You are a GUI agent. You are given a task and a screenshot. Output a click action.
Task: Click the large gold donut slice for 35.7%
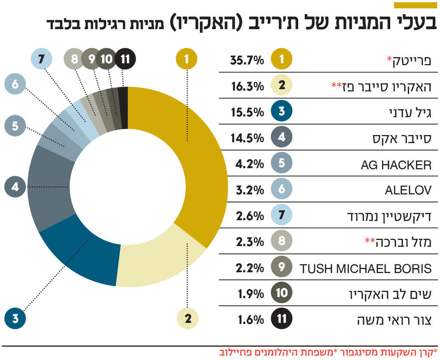pos(198,163)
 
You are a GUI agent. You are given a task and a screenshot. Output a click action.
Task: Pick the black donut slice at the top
pos(123,108)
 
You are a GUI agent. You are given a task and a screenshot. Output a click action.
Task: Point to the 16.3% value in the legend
pos(247,86)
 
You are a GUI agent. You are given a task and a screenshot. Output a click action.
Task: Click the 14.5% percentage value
pos(247,138)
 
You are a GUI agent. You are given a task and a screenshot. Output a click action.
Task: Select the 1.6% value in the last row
pos(250,320)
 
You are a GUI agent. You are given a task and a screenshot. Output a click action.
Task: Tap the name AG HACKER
pos(396,165)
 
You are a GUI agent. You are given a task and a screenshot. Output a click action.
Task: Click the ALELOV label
pos(408,191)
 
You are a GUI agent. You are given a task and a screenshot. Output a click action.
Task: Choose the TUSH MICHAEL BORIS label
pos(365,269)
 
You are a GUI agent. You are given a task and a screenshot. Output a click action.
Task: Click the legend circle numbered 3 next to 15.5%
pos(282,112)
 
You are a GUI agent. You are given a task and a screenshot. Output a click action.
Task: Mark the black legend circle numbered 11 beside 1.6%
pos(282,319)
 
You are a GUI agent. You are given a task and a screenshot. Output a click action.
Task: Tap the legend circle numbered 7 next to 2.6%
pos(282,216)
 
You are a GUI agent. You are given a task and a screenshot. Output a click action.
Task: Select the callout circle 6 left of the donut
pos(15,84)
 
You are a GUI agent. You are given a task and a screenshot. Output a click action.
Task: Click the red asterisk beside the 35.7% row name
pos(390,59)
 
